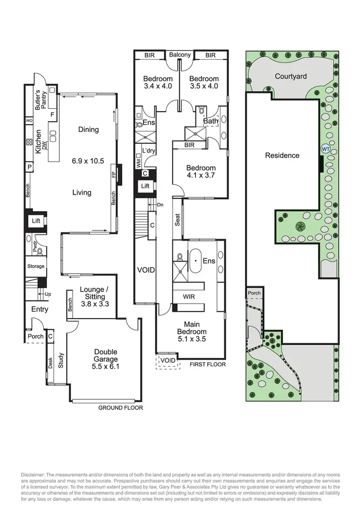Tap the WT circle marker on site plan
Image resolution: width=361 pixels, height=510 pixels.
tap(325, 149)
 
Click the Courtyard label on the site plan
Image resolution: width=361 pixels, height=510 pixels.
tap(291, 76)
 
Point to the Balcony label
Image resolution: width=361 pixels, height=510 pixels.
tap(180, 55)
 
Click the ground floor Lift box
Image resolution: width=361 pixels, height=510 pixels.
tap(36, 221)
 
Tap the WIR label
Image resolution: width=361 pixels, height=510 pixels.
tap(188, 297)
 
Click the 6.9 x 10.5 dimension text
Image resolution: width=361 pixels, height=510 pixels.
tap(88, 161)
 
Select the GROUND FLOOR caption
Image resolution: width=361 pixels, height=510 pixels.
tap(120, 408)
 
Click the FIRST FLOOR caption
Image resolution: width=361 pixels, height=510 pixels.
tap(207, 364)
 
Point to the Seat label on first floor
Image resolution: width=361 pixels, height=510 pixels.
tap(177, 219)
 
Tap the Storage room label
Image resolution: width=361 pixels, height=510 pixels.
tap(36, 266)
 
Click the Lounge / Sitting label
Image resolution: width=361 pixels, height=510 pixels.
tap(92, 293)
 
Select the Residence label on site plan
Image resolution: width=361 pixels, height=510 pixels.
tap(282, 155)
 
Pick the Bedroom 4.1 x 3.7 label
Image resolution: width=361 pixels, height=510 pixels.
tap(201, 172)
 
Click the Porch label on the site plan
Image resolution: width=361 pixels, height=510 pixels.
tap(254, 293)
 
